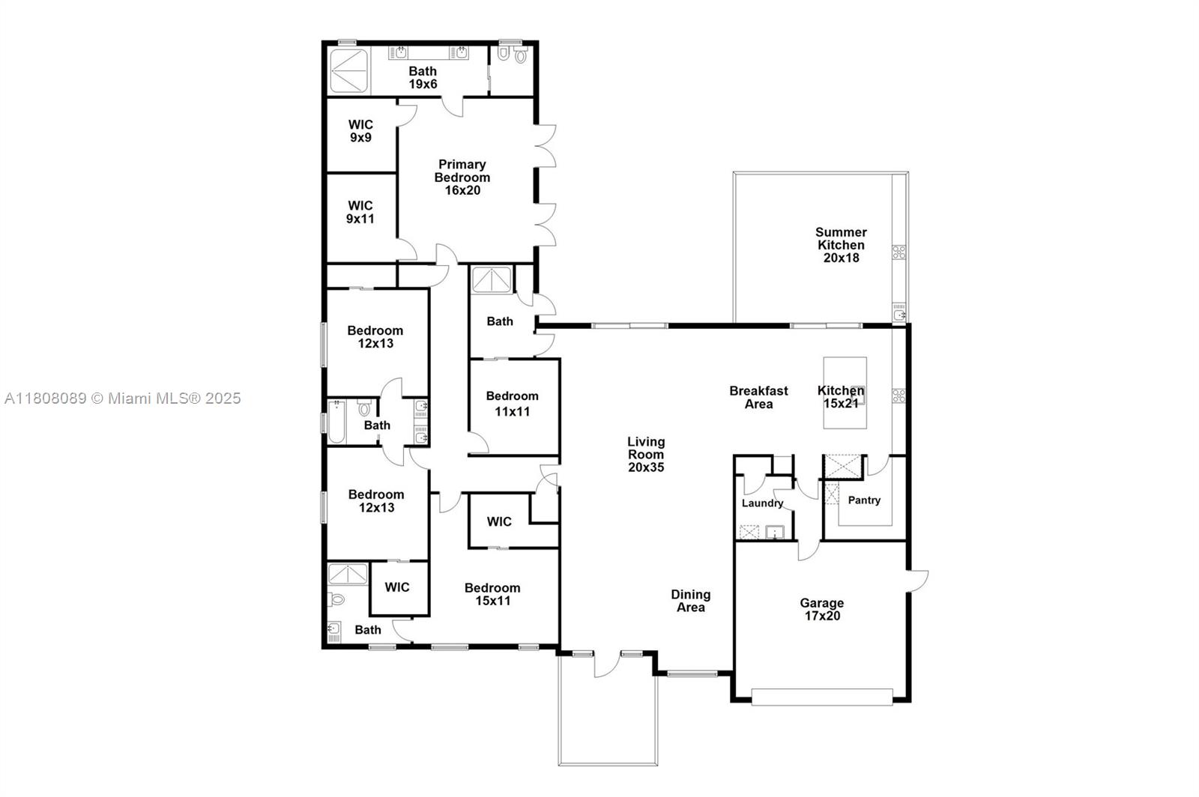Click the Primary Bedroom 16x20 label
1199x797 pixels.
pos(462,178)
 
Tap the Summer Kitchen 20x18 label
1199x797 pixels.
pos(841,245)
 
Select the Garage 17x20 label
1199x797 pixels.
pos(821,609)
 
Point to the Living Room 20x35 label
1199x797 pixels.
pos(646,454)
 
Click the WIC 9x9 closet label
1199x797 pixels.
pos(360,131)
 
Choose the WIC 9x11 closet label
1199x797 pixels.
pos(360,212)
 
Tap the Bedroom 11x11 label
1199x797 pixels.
pos(513,403)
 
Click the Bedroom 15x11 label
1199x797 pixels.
pos(492,594)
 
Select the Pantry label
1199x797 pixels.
pos(864,500)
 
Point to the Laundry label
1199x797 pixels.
pos(762,503)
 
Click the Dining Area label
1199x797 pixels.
pos(690,601)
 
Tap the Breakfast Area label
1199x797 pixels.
pos(758,397)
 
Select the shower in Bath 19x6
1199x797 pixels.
pos(348,71)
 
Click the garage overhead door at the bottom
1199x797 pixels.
pos(822,697)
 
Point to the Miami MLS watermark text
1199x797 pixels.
pos(123,398)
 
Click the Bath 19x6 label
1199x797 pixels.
pos(423,77)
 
